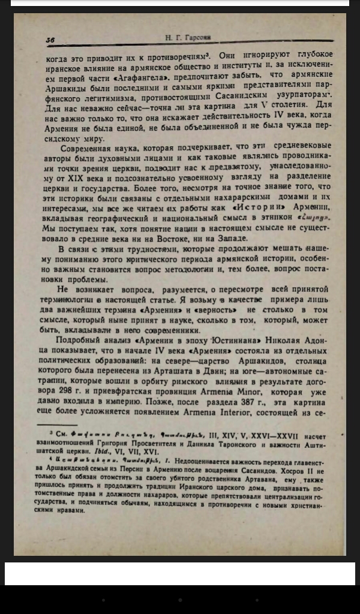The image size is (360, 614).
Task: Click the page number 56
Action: pos(50,40)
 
